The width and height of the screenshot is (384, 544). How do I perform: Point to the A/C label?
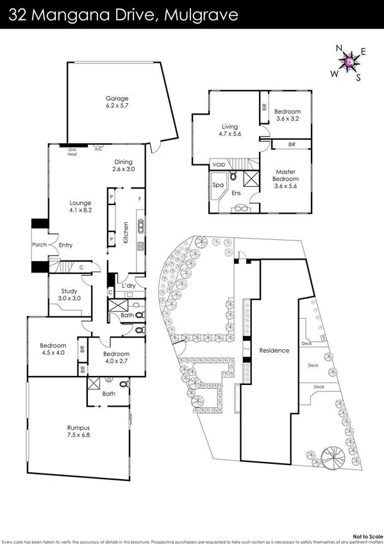[98, 149]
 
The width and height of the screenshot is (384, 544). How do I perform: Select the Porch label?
[40, 245]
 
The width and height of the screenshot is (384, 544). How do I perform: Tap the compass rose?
[349, 62]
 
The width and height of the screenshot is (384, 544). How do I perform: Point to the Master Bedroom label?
[285, 176]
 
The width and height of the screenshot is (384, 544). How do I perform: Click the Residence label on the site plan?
[274, 350]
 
